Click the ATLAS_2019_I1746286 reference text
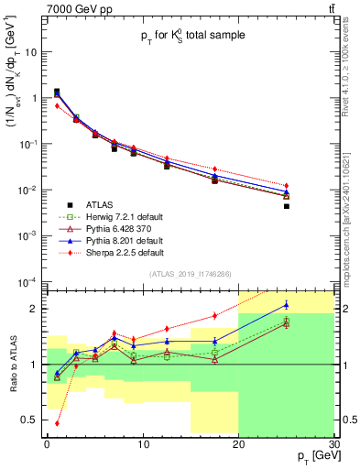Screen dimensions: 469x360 pos(189,274)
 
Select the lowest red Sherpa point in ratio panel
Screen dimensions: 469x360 pos(57,423)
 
